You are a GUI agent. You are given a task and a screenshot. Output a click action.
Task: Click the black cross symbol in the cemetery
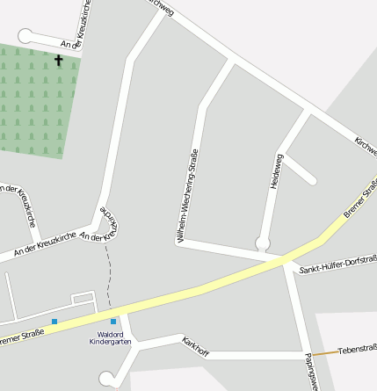(x=59, y=61)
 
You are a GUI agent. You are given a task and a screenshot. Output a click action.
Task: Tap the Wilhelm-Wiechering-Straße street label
(x=186, y=197)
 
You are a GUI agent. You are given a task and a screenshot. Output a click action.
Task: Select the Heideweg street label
(x=275, y=172)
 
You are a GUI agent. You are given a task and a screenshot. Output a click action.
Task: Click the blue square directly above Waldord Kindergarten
(x=113, y=322)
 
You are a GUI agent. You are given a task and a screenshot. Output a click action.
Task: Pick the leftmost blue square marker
(x=54, y=322)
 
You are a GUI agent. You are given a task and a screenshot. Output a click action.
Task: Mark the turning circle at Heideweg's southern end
(x=261, y=243)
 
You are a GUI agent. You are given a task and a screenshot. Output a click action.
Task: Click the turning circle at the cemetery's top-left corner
(x=25, y=35)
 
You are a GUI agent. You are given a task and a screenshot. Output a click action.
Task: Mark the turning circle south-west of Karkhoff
(x=107, y=379)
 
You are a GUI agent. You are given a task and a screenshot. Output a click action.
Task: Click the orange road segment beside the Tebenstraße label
(x=325, y=353)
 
